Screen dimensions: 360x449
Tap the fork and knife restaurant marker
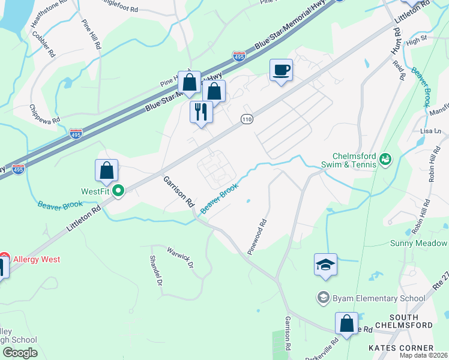(201, 112)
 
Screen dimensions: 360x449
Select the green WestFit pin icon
(119, 191)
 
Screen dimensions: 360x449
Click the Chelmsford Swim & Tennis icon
(385, 160)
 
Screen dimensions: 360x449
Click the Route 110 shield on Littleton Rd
(246, 119)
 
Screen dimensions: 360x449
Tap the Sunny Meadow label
(418, 243)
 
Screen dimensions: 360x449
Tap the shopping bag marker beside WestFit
(106, 170)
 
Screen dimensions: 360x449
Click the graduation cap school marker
(325, 264)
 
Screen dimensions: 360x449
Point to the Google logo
(19, 353)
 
